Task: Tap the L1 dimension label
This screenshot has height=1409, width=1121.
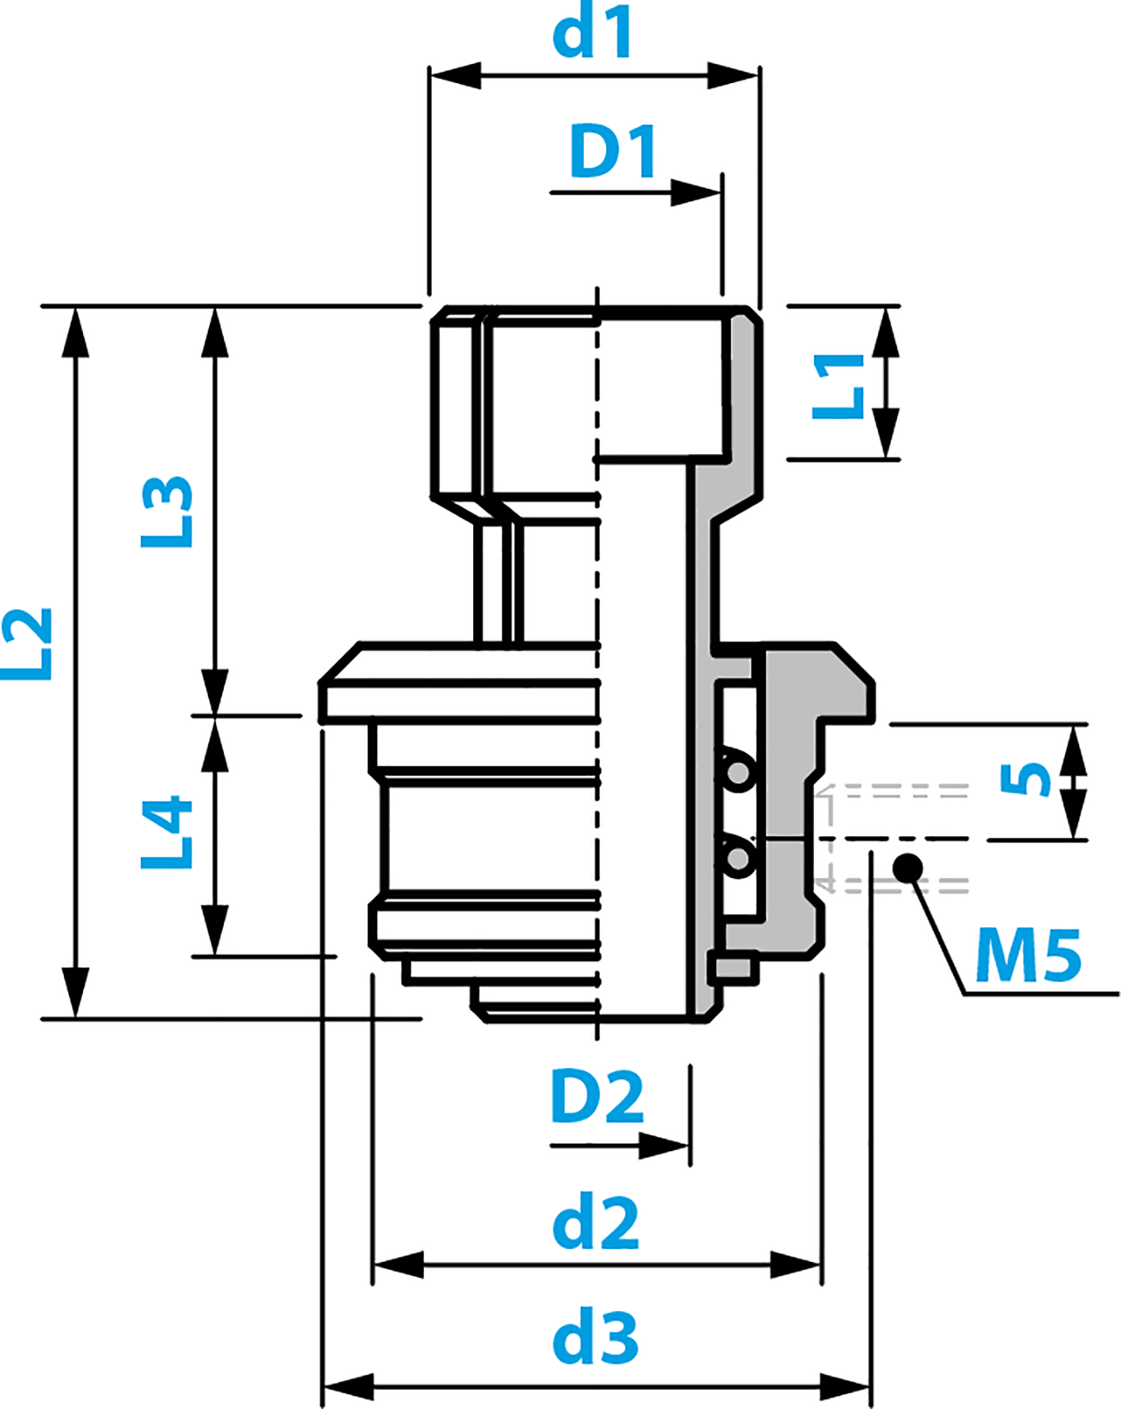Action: click(839, 386)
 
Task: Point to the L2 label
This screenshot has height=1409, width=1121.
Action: click(27, 645)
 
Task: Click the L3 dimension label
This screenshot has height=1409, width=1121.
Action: click(167, 512)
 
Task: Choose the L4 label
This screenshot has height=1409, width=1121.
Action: click(167, 833)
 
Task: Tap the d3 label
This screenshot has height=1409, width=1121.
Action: click(595, 1338)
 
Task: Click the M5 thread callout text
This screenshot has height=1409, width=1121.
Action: click(1028, 956)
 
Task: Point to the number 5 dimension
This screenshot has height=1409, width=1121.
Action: click(1025, 780)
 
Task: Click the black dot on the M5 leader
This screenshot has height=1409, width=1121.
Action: click(907, 869)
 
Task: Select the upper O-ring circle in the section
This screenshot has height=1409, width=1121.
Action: click(737, 770)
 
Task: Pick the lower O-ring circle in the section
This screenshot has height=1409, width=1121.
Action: click(737, 858)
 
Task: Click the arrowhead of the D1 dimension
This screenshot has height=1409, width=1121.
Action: click(696, 192)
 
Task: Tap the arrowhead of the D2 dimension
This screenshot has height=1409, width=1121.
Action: click(665, 1146)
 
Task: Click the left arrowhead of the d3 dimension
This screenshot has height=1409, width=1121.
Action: click(348, 1387)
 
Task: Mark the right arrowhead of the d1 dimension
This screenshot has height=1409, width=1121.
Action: click(733, 76)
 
